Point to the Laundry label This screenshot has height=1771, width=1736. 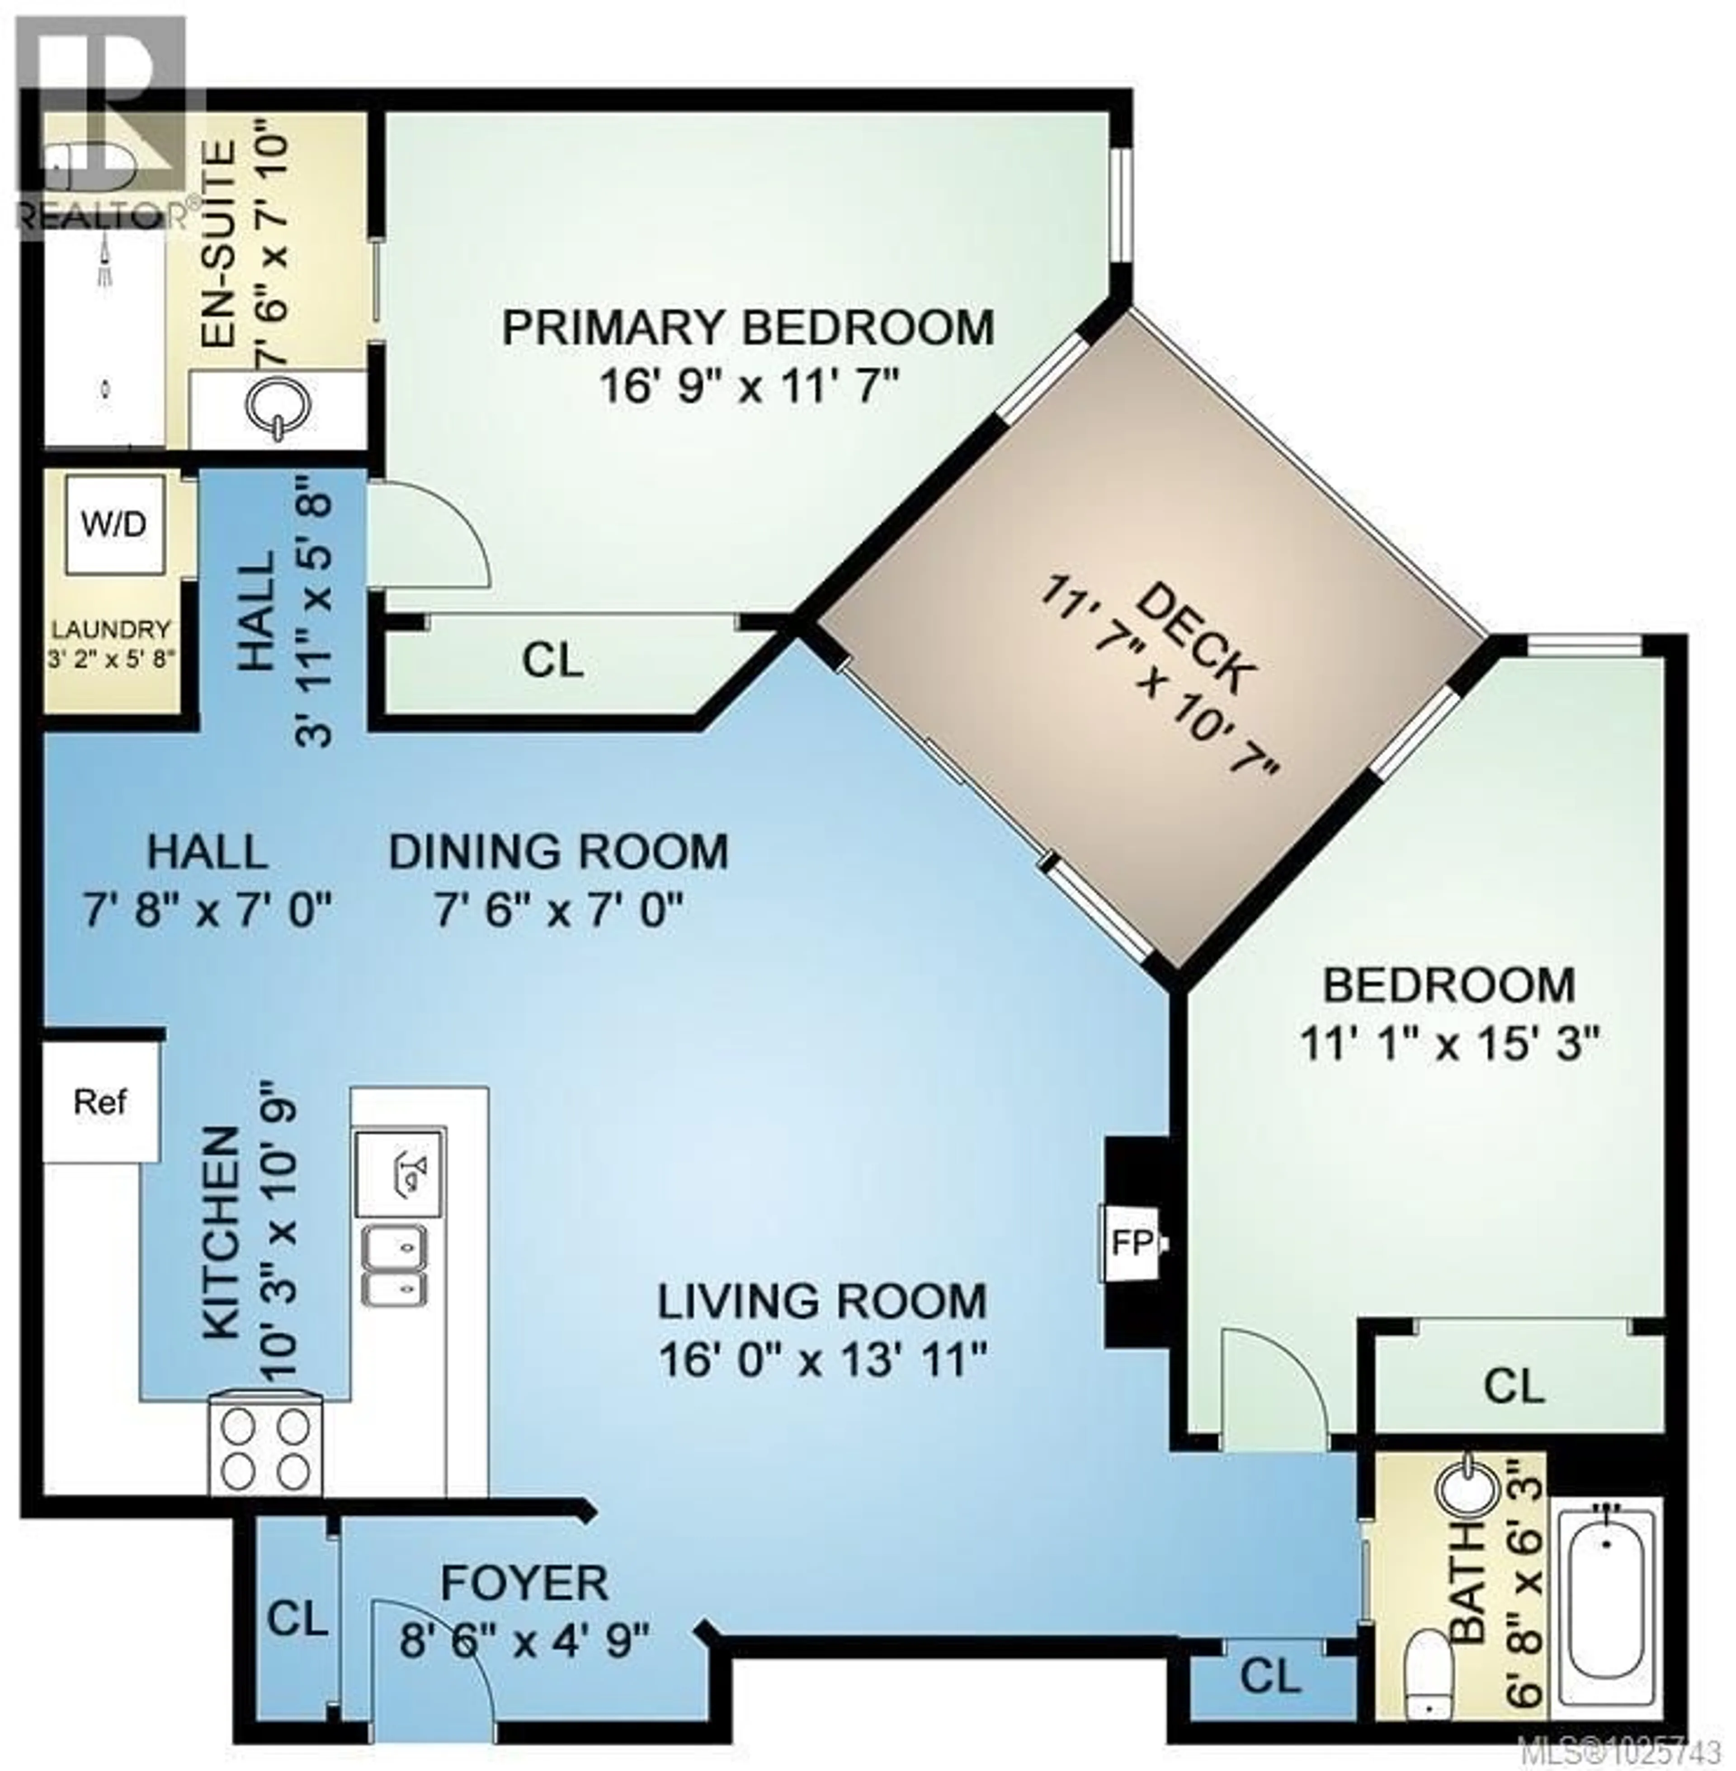pyautogui.click(x=111, y=629)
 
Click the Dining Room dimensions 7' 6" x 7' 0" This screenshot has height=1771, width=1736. pyautogui.click(x=558, y=909)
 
